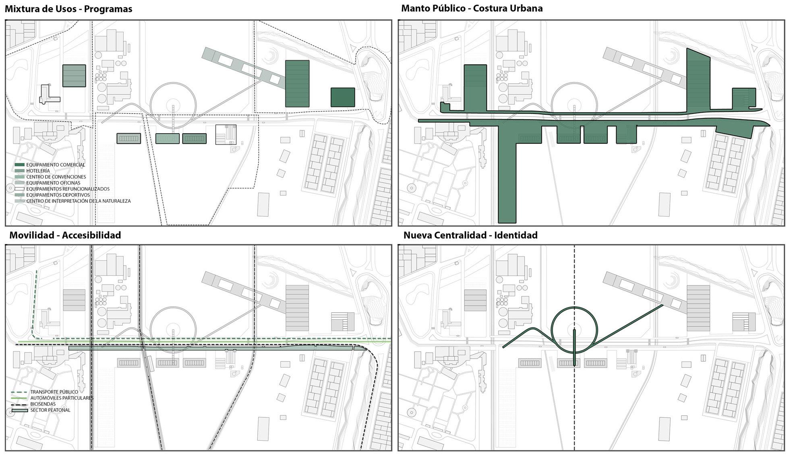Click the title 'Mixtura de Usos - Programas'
click(68, 9)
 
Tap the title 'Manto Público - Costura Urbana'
click(472, 8)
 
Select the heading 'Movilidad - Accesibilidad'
click(65, 235)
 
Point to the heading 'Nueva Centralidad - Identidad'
click(470, 235)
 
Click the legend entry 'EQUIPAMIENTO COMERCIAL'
click(56, 165)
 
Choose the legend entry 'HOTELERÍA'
click(38, 171)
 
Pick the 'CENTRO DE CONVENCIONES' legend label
click(56, 177)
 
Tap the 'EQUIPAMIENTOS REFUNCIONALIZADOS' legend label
click(68, 189)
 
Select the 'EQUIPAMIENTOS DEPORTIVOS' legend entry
click(58, 195)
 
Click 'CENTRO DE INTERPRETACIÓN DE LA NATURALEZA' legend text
click(78, 201)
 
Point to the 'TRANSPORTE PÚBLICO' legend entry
click(54, 392)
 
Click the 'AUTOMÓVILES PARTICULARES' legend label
click(62, 398)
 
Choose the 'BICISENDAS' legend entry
click(43, 404)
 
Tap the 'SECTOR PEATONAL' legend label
click(50, 410)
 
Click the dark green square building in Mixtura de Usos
click(343, 97)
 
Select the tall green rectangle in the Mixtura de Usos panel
click(297, 84)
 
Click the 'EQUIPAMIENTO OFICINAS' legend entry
click(53, 183)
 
